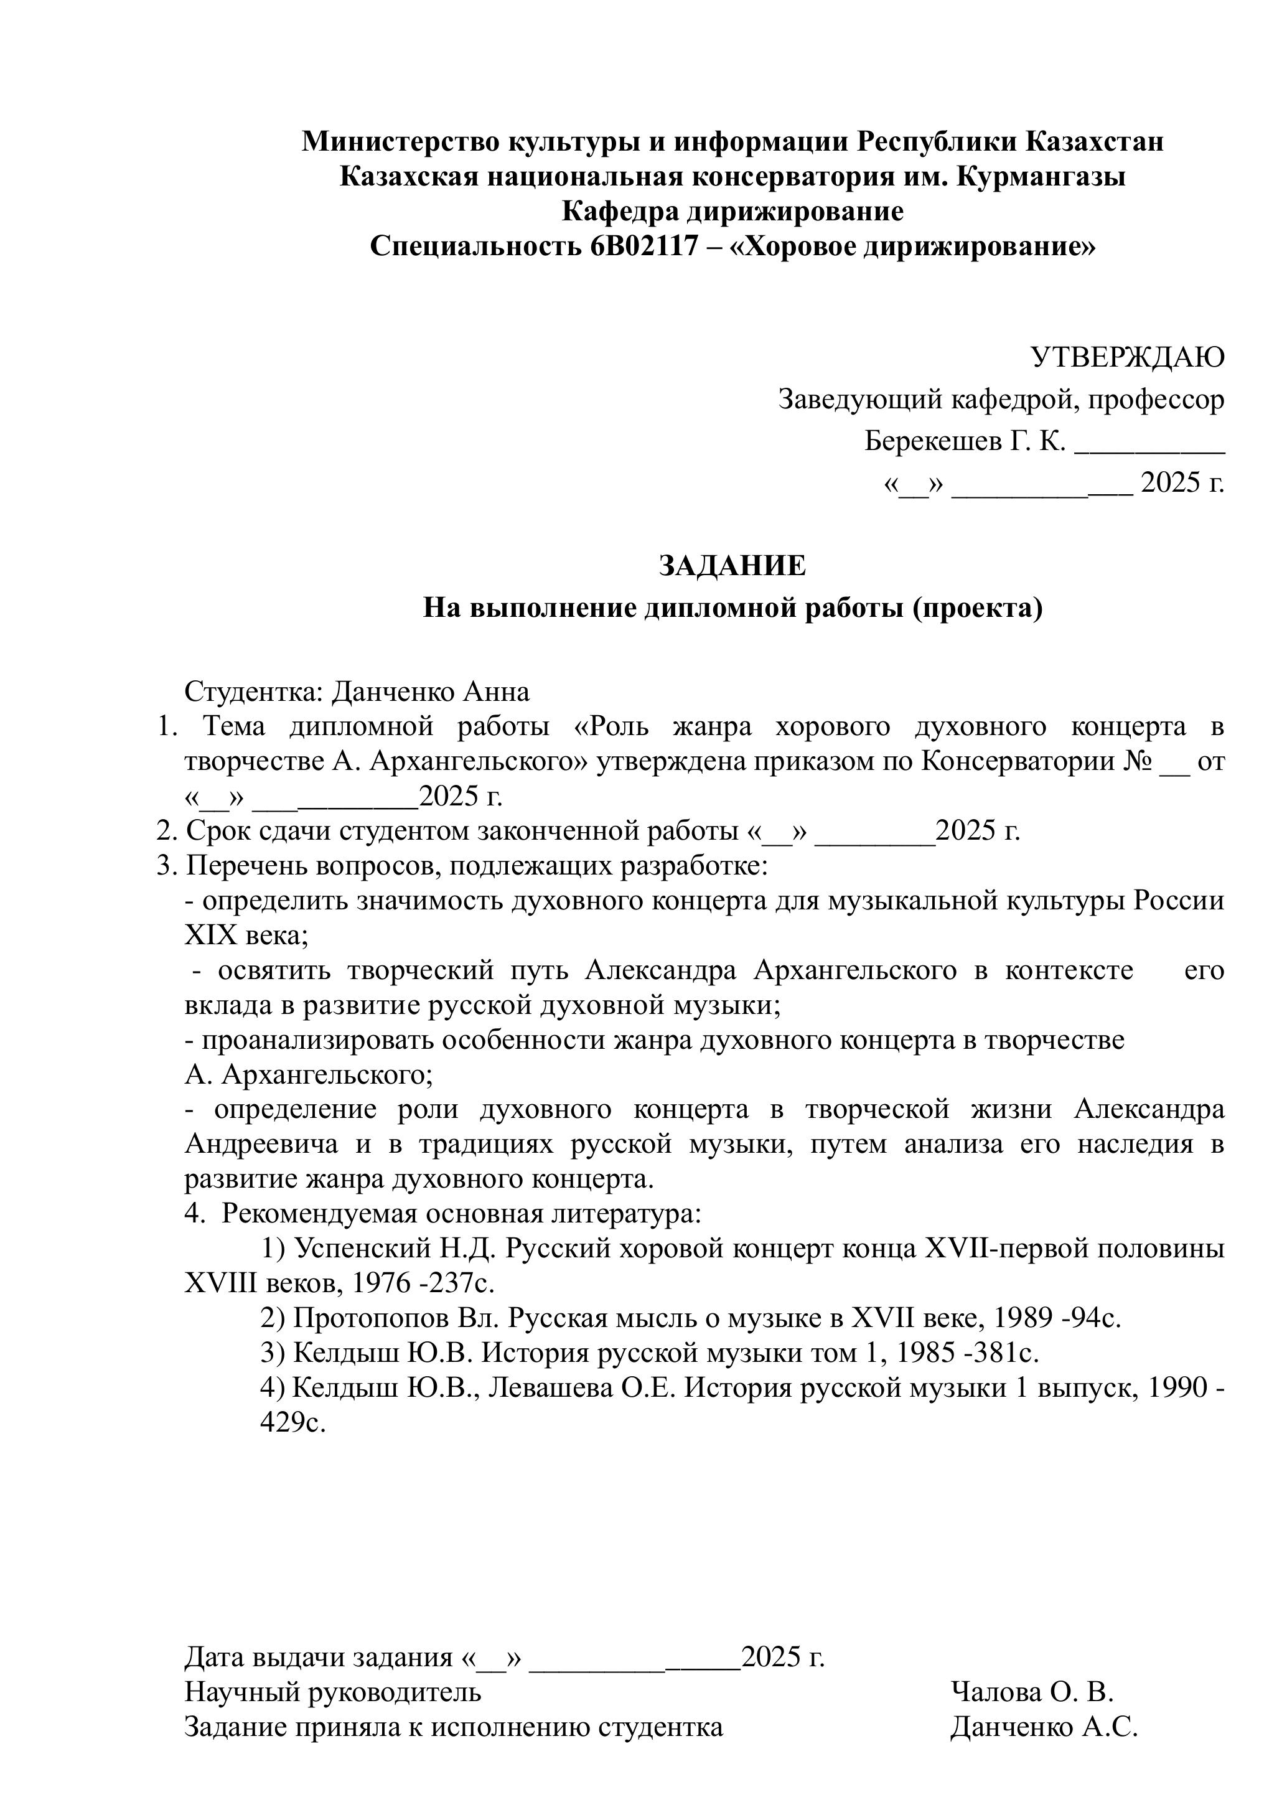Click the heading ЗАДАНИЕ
tap(732, 565)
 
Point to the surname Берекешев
tap(931, 441)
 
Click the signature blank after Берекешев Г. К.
tap(1149, 444)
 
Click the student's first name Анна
tap(496, 692)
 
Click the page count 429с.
tap(293, 1423)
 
